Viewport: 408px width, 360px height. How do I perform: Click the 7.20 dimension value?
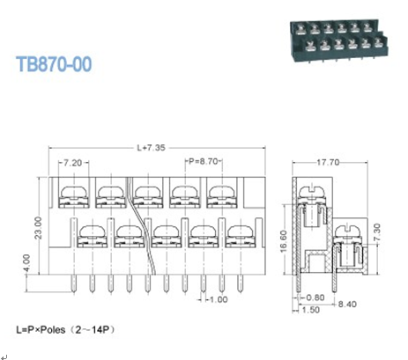click(73, 164)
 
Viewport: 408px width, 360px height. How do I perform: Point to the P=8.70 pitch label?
click(203, 164)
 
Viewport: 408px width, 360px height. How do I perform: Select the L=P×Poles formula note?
click(66, 330)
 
